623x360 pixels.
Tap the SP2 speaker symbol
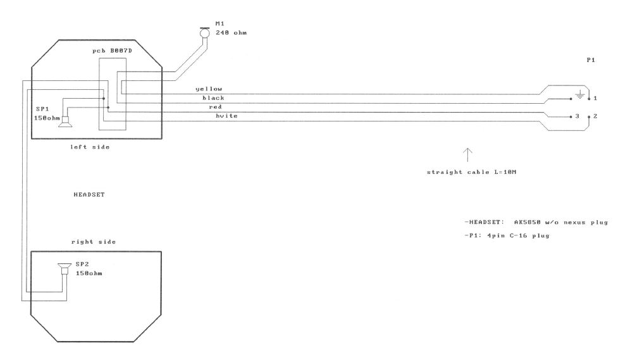point(64,270)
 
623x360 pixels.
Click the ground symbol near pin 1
point(579,96)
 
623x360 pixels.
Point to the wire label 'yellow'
point(209,89)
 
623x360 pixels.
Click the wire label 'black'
point(213,98)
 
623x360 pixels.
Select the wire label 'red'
point(215,107)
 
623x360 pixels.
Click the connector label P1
point(591,61)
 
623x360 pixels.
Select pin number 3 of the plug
point(577,117)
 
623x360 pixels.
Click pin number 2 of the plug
point(596,117)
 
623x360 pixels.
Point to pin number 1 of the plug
point(596,99)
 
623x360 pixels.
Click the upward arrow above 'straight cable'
point(467,154)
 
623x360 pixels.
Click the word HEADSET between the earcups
point(89,196)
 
